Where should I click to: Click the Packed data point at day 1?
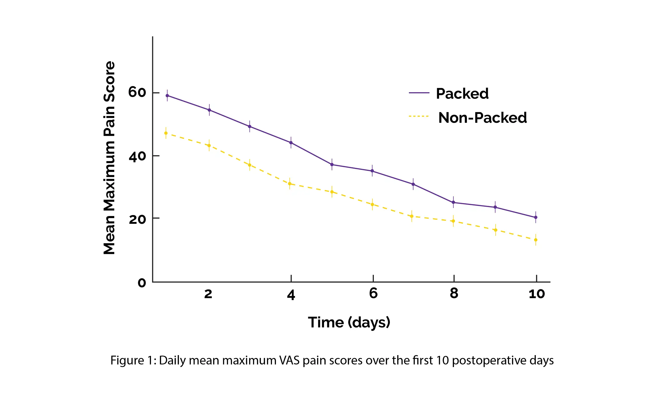pos(167,96)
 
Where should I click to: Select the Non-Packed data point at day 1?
pos(166,133)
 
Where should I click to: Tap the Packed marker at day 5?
pos(332,165)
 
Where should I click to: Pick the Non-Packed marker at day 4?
pos(290,184)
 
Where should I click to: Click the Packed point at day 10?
pos(536,218)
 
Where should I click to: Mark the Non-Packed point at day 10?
pos(536,240)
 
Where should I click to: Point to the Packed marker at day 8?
pos(453,203)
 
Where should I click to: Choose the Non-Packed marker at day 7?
pos(412,217)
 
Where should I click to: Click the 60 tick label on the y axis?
pos(137,92)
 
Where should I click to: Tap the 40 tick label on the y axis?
pos(137,156)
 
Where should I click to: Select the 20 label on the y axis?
pos(137,219)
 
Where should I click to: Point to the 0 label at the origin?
pos(142,283)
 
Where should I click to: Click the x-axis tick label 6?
pos(373,293)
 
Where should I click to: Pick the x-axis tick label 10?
pos(537,294)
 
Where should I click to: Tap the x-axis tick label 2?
pos(208,294)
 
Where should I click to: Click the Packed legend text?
pos(462,94)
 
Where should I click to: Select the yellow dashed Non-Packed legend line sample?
pos(419,116)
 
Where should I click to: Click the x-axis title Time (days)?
pos(349,322)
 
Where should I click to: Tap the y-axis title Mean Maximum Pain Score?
pos(110,158)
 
